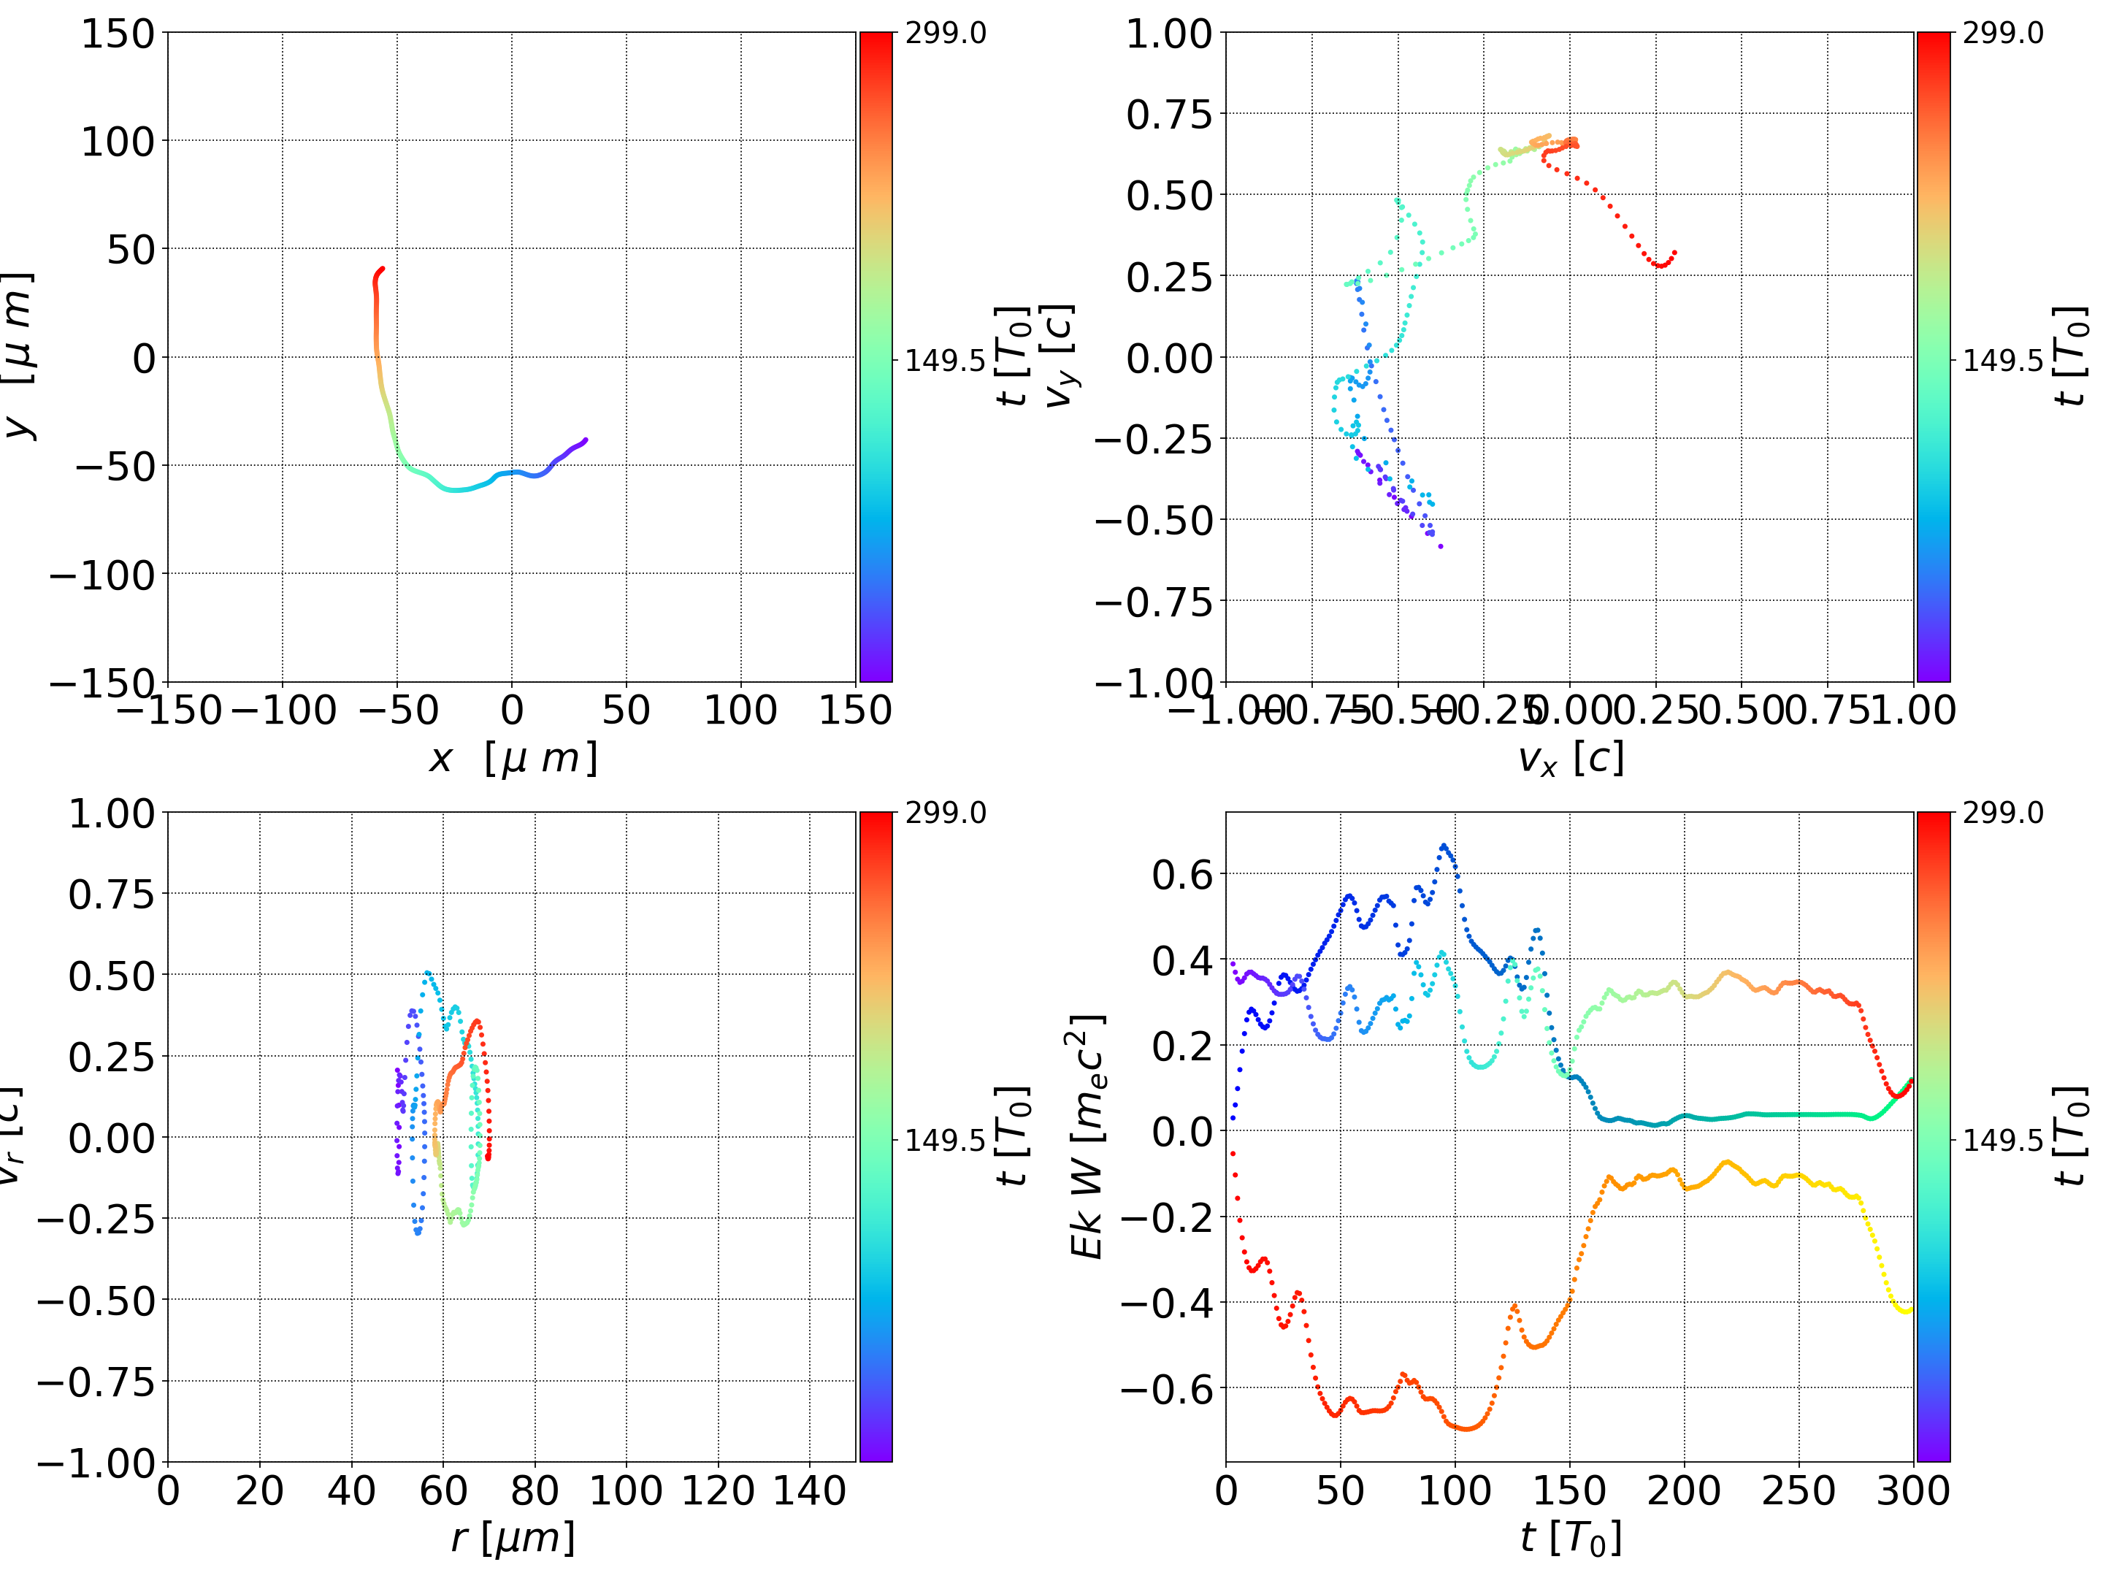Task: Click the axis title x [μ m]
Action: pyautogui.click(x=513, y=759)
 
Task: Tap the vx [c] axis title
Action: pyautogui.click(x=1570, y=759)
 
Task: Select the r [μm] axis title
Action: pyautogui.click(x=513, y=1538)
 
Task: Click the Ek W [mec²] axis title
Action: pyautogui.click(x=1087, y=1136)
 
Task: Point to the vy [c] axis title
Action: pyautogui.click(x=1058, y=356)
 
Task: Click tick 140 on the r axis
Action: pyautogui.click(x=809, y=1490)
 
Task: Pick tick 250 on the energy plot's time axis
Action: pyautogui.click(x=1798, y=1490)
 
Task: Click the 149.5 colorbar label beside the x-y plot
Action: pyautogui.click(x=944, y=361)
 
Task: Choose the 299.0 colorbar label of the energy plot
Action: pyautogui.click(x=2002, y=813)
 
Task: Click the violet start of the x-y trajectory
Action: pyautogui.click(x=586, y=440)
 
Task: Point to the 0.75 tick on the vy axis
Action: pyautogui.click(x=1169, y=114)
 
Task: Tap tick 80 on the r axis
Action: pyautogui.click(x=535, y=1490)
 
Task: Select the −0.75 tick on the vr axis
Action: pyautogui.click(x=95, y=1381)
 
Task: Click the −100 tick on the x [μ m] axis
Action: pyautogui.click(x=283, y=711)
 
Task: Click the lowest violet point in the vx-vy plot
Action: pyautogui.click(x=1441, y=545)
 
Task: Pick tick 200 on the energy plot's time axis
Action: pyautogui.click(x=1684, y=1490)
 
